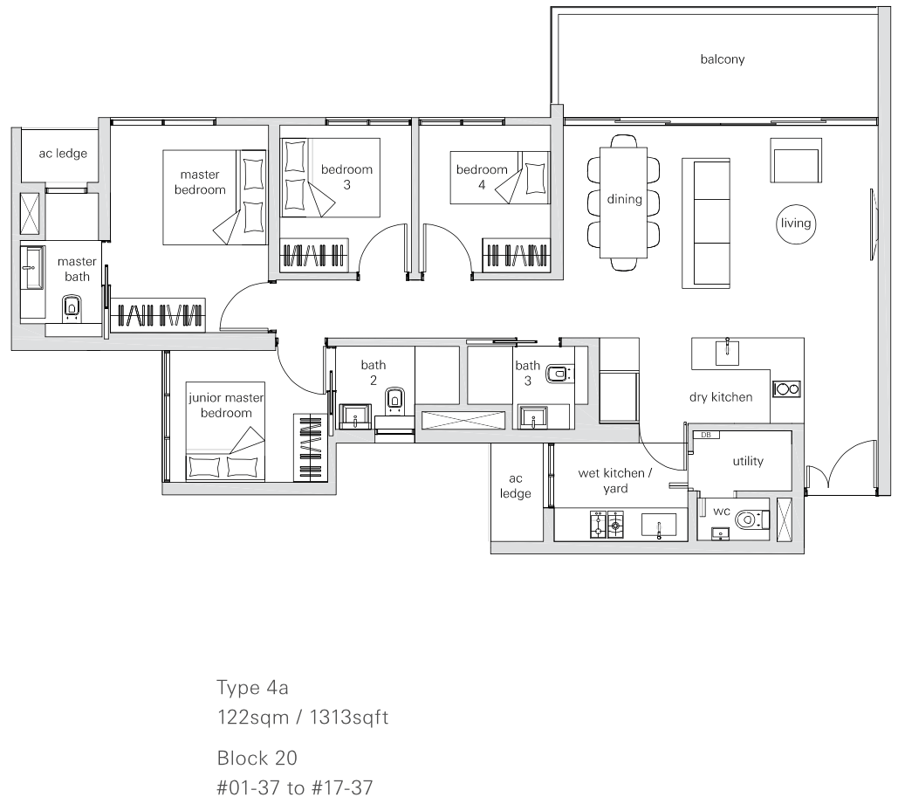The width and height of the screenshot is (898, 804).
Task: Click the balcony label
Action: coord(723,59)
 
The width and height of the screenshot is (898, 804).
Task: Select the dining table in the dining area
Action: coord(624,203)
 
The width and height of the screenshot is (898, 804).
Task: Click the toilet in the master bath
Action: coord(71,308)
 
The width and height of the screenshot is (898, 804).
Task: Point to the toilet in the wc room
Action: coord(751,519)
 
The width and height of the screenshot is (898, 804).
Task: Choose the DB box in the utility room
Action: coord(705,435)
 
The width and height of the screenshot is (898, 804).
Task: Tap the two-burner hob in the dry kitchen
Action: coord(786,389)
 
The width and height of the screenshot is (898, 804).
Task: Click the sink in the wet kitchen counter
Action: coord(659,526)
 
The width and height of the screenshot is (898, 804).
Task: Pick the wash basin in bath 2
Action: coord(355,416)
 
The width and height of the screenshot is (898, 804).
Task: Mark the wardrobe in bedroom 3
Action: coord(314,254)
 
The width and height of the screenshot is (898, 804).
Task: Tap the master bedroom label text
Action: coord(200,182)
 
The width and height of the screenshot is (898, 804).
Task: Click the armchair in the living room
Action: coord(796,161)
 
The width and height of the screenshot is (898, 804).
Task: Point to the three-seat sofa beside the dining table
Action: coord(705,223)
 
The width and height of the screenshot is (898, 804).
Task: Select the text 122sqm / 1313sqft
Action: coord(302,718)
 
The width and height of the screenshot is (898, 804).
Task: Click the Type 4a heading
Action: coord(252,688)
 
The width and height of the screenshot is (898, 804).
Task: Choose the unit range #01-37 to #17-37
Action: coord(295,788)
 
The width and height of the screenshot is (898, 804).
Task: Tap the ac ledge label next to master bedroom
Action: coord(63,154)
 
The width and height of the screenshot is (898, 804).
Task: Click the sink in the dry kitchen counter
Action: coord(727,351)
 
